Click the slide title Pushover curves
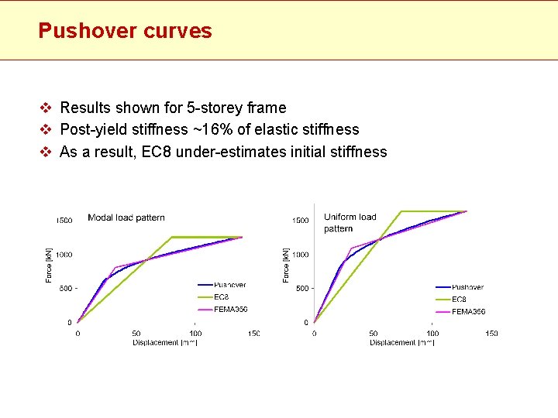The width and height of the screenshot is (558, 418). click(125, 31)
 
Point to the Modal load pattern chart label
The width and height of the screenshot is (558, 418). click(126, 218)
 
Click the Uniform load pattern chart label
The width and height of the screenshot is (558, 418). click(350, 222)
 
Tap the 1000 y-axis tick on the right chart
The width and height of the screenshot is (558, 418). click(300, 255)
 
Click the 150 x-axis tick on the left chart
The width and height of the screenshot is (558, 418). click(253, 334)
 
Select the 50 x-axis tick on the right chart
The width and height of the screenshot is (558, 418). click(374, 334)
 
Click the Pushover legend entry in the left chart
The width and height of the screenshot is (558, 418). click(229, 285)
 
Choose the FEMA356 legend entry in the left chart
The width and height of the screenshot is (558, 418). click(230, 310)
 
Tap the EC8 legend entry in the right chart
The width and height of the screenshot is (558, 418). click(459, 300)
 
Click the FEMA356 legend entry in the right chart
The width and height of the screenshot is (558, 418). click(468, 312)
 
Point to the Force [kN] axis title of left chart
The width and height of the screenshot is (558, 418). click(50, 264)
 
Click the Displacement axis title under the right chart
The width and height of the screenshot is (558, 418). click(401, 342)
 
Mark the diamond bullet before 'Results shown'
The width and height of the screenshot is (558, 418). click(46, 108)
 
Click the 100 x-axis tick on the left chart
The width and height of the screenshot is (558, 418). click(195, 334)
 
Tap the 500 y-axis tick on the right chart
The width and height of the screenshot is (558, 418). click(302, 288)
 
